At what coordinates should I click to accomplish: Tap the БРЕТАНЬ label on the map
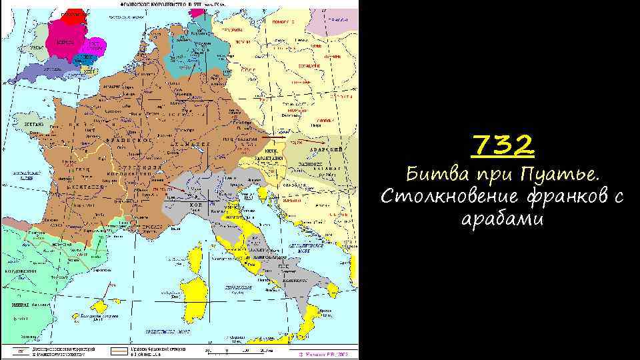pyautogui.click(x=35, y=124)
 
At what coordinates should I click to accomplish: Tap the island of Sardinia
pyautogui.click(x=195, y=294)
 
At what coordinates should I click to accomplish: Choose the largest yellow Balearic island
pyautogui.click(x=101, y=306)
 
